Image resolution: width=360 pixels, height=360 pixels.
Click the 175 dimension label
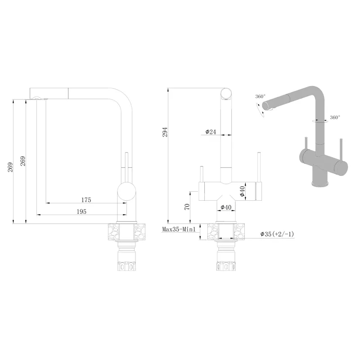(86, 200)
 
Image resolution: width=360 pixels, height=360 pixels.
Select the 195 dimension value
(81, 211)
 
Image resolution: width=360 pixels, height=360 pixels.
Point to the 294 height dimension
(165, 132)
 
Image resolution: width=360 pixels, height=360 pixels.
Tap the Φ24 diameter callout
(211, 132)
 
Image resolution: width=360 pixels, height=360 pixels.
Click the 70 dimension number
(187, 207)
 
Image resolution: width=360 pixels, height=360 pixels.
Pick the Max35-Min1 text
(179, 229)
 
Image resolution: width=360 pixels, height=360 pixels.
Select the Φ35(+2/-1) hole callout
(277, 234)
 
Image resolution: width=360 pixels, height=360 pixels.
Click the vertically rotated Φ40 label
(242, 191)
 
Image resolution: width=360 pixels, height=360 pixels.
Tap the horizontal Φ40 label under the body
(226, 207)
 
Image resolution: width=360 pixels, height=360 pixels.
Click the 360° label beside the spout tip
(261, 96)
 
